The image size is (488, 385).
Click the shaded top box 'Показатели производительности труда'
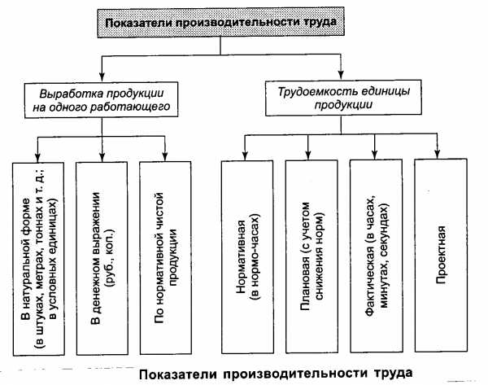click(220, 23)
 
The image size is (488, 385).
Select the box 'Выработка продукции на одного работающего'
click(101, 99)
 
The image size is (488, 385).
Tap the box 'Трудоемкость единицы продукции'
click(343, 98)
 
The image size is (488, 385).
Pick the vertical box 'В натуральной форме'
click(38, 259)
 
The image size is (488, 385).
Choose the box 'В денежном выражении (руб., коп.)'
click(102, 258)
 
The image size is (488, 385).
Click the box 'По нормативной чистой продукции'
click(166, 257)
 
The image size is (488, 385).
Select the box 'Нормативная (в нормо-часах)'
click(247, 256)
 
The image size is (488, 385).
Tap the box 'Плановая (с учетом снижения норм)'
click(312, 256)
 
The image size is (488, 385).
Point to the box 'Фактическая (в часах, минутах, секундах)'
click(377, 256)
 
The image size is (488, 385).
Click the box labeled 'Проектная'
click(441, 255)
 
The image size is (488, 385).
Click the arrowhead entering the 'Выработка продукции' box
click(102, 77)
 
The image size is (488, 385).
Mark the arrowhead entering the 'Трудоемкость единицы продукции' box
click(341, 75)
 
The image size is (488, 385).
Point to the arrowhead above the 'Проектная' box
click(438, 154)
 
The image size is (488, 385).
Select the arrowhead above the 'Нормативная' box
click(245, 155)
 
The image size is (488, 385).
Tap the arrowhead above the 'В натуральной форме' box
click(37, 157)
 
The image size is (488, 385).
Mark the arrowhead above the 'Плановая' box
click(308, 155)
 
